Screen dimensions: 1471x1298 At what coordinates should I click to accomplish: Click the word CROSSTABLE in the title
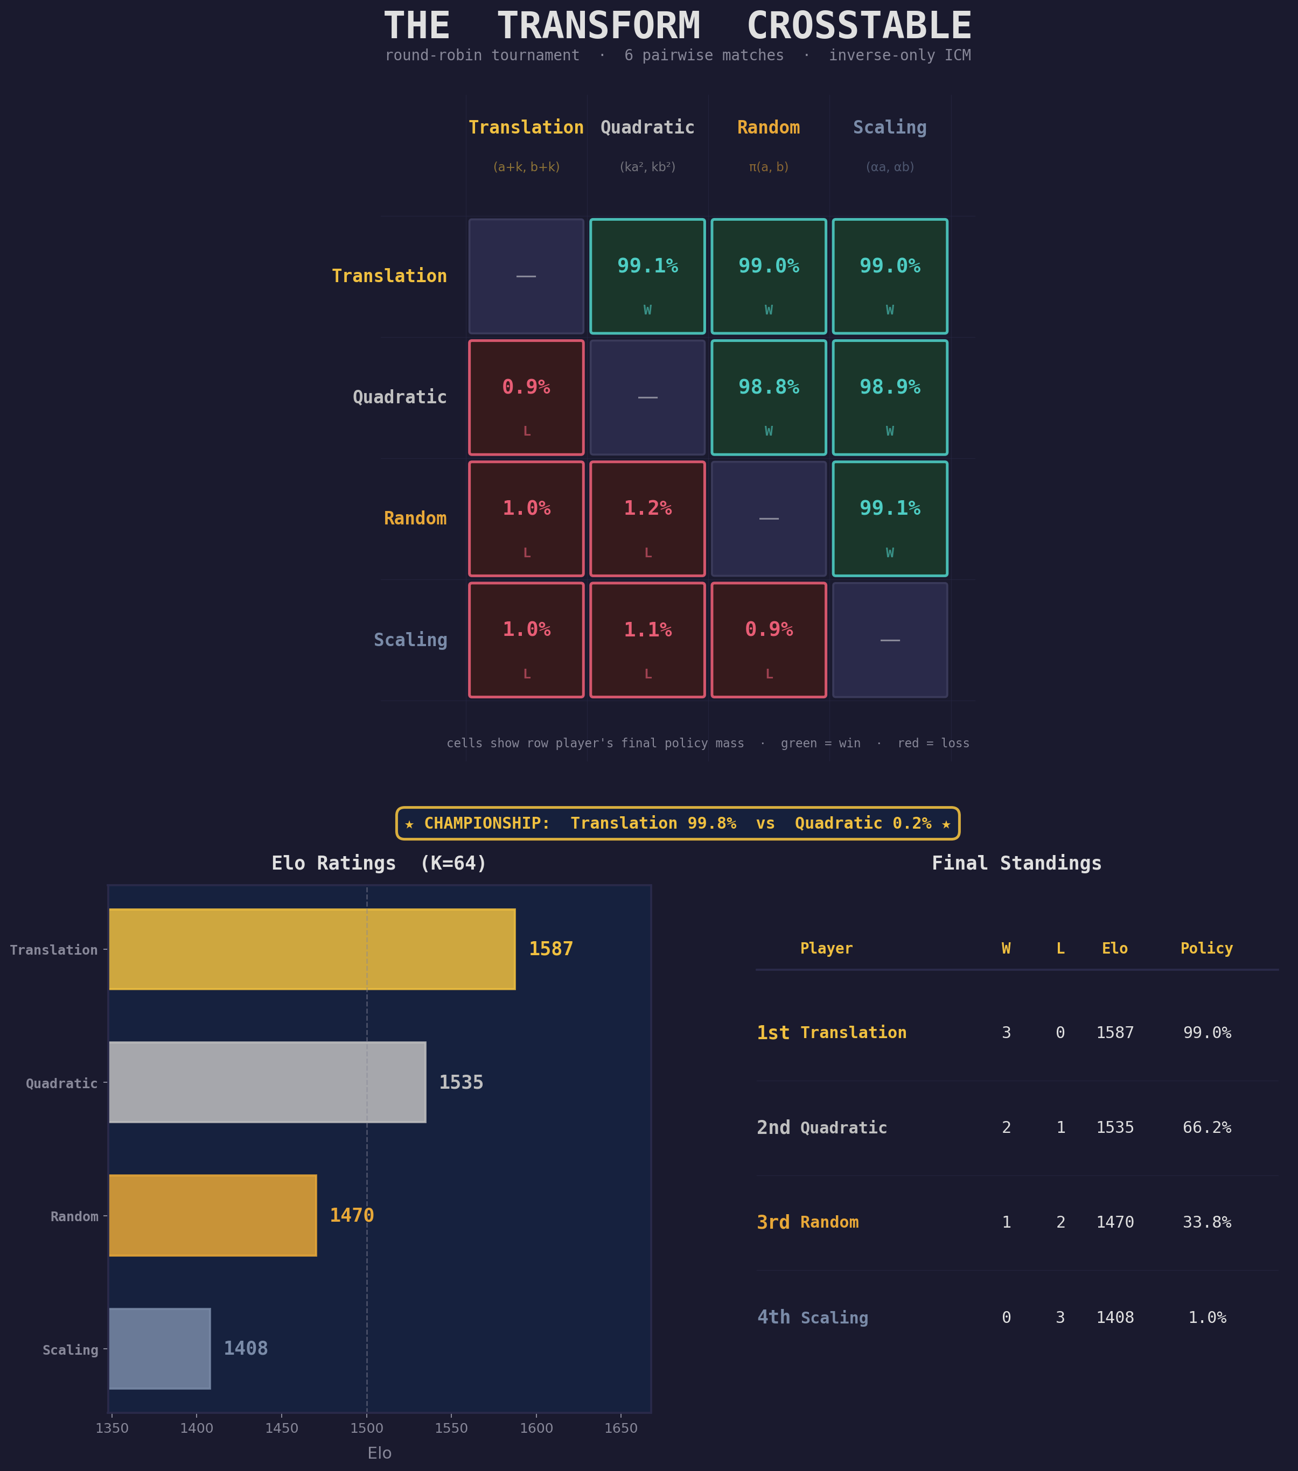tap(859, 26)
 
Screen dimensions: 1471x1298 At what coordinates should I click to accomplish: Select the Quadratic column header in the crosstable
tap(647, 128)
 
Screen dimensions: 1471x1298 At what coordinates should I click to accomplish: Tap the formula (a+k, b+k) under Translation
tap(526, 167)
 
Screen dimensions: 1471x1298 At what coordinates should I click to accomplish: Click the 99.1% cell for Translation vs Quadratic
tap(647, 276)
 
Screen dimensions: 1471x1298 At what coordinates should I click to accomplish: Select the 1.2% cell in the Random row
tap(647, 518)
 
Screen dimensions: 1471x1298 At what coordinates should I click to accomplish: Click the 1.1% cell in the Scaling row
tap(647, 640)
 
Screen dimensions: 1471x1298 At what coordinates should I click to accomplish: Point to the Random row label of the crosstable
tap(415, 518)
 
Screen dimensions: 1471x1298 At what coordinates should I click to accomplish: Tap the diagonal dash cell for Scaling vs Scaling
tap(890, 640)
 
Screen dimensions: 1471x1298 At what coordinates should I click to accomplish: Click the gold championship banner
tap(678, 823)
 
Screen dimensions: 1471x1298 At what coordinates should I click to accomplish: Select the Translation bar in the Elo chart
tap(312, 949)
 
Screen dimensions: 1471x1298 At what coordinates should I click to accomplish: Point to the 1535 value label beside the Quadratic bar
tap(460, 1082)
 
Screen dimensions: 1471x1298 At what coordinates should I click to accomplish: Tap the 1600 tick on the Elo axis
tap(536, 1428)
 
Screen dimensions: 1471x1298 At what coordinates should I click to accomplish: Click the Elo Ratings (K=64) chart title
tap(379, 864)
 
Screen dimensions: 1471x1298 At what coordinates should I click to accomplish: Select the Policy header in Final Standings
tap(1206, 949)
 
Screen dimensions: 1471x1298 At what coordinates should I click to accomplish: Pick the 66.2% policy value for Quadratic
tap(1206, 1127)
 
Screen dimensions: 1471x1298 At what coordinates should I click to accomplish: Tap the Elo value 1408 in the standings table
tap(1114, 1318)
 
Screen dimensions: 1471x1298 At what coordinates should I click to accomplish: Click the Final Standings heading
tap(1016, 864)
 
